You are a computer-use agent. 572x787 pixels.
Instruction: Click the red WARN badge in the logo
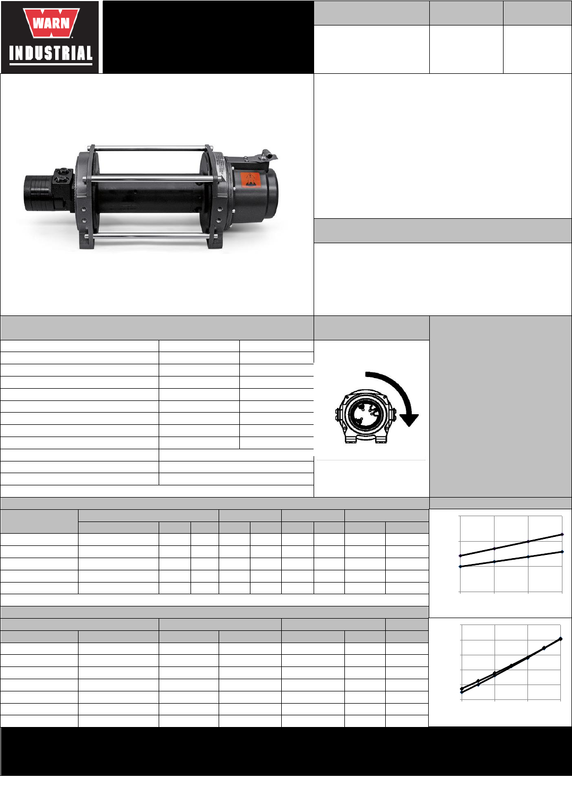(x=51, y=23)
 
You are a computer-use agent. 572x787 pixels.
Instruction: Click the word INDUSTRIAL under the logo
(x=51, y=54)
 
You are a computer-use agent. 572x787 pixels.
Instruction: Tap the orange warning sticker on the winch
(x=249, y=180)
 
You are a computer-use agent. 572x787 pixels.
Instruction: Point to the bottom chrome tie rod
(x=152, y=237)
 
